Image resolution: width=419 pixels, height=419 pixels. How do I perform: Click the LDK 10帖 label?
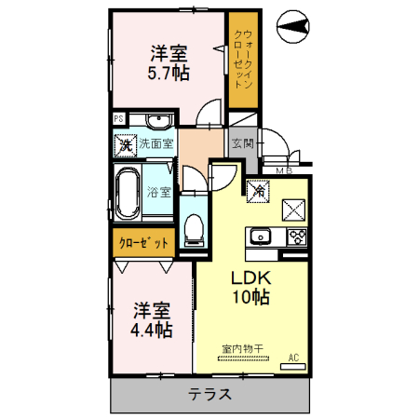tap(250, 287)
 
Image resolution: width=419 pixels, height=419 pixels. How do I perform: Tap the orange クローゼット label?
tap(143, 243)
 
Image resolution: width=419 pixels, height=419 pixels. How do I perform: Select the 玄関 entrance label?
tap(242, 143)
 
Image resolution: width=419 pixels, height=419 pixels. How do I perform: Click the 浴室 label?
tap(159, 193)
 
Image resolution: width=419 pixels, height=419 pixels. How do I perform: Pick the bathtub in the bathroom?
tap(128, 194)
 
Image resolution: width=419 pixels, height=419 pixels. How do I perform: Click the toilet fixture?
tap(194, 226)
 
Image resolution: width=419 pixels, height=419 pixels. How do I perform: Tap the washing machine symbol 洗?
tap(125, 145)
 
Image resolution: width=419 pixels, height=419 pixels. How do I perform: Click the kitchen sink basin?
tap(259, 235)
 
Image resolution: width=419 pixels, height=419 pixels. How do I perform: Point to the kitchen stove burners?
tap(297, 235)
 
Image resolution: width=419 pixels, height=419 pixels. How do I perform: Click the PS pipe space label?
tap(118, 119)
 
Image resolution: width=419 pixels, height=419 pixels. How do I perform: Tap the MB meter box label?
tap(283, 170)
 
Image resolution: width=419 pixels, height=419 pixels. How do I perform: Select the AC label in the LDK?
tap(293, 357)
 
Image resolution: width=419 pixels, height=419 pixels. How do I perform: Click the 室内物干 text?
tap(241, 349)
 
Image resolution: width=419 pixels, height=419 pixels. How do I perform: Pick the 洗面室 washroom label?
tap(155, 145)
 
